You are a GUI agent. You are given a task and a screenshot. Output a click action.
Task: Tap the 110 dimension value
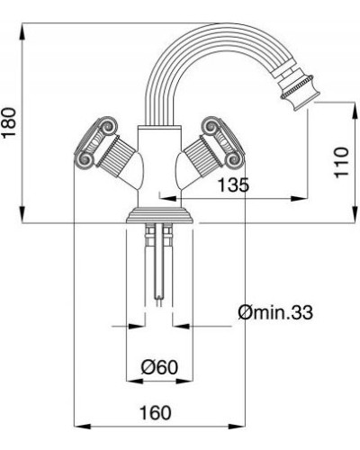339,162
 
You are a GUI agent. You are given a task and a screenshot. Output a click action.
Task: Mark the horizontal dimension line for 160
157,426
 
